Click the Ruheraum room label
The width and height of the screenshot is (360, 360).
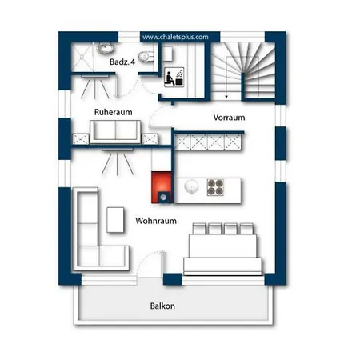pos(114,112)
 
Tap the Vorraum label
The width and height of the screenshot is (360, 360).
pos(229,118)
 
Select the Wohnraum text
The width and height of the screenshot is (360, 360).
pos(156,221)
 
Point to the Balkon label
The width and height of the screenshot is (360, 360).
pos(162,306)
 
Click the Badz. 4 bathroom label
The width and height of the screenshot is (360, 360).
pos(122,62)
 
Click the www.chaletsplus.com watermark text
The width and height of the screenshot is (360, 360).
pos(175,37)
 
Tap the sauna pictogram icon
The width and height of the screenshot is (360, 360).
pos(174,77)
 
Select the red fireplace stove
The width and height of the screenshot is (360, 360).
pos(162,187)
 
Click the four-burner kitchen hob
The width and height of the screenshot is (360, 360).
pos(215,187)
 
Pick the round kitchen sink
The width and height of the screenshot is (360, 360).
pos(191,186)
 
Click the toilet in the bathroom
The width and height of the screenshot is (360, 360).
pos(146,56)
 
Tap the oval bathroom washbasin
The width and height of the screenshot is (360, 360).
pos(105,48)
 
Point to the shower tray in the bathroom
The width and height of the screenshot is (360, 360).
pos(82,57)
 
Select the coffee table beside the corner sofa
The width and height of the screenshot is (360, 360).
pos(115,220)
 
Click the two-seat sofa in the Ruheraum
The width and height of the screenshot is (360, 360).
pos(115,132)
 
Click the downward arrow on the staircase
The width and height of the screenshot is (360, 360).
pos(226,78)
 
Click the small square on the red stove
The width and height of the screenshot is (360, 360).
pos(163,197)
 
